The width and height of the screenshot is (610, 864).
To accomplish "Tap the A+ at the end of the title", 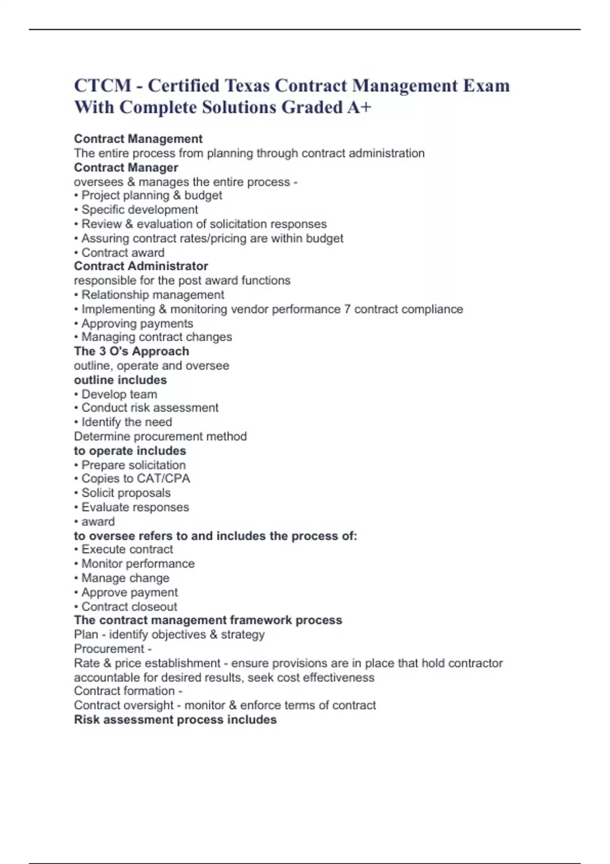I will (x=360, y=107).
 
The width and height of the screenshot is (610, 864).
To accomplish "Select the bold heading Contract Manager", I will (x=126, y=168).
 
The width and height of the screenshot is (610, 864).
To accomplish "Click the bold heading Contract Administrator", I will (x=141, y=266).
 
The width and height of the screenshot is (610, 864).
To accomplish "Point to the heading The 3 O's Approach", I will (x=131, y=351).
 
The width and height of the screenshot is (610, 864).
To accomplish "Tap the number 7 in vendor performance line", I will (x=347, y=309).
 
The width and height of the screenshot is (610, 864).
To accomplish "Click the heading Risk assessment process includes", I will (x=175, y=720).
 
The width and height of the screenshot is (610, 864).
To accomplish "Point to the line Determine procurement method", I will (x=160, y=436).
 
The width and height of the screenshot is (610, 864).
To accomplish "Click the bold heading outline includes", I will (x=120, y=380).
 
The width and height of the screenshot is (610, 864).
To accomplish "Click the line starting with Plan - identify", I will (x=169, y=634).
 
